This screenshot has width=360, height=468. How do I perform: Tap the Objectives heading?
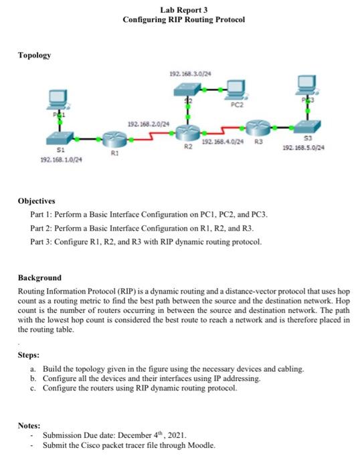coord(37,200)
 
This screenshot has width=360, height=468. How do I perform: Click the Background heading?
coord(39,277)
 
